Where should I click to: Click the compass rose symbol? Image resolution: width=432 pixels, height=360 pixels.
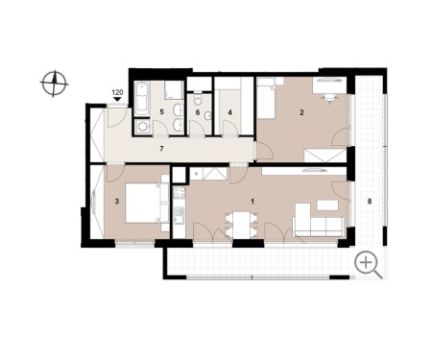point(54,84)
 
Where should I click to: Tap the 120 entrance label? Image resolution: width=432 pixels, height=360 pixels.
point(117,92)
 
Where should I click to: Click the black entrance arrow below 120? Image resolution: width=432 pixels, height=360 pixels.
point(117,99)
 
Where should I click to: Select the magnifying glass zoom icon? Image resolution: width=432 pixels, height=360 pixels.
point(369,265)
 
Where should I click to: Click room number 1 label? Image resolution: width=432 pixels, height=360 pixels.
point(252,202)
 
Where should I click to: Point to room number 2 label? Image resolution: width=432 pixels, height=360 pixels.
point(301,112)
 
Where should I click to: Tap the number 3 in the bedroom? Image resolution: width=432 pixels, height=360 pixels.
point(117,202)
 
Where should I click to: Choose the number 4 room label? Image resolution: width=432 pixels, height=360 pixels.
point(229,112)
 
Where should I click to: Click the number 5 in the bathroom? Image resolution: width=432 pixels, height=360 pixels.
point(161,112)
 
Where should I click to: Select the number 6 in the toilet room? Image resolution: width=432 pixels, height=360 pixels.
point(198,112)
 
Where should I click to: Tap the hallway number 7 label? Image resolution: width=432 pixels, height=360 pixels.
point(161,149)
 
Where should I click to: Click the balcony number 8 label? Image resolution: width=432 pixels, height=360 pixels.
point(370,202)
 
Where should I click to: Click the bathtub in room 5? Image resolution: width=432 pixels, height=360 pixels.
point(142,99)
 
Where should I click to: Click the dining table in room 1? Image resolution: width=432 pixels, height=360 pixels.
point(241,226)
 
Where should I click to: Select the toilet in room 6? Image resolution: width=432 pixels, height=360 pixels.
point(198,101)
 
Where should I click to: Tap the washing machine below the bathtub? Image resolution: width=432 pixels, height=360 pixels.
point(142,127)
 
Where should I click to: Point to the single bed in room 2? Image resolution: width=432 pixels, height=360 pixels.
point(266,98)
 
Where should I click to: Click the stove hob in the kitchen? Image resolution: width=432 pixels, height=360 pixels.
point(179,193)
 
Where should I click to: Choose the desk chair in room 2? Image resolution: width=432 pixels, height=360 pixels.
point(328,97)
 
